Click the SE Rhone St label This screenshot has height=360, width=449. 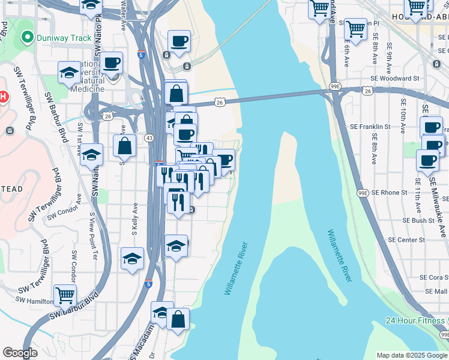pos(390,193)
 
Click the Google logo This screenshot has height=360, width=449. pos(20,353)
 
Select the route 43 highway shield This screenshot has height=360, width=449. pos(149,138)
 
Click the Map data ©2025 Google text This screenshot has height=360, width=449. pos(412,355)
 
